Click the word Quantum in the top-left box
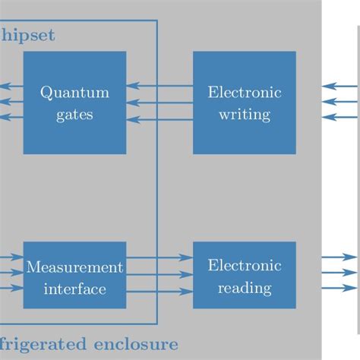coord(74,93)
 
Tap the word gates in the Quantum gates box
coord(74,115)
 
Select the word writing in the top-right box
coord(244,115)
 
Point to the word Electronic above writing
coord(244,93)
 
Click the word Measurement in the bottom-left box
coord(74,267)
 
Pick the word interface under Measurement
coord(74,289)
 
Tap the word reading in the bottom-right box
coord(244,288)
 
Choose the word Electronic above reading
coord(244,266)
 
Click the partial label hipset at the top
coord(29,35)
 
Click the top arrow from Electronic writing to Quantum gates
coord(159,87)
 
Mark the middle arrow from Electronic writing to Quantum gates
coord(159,102)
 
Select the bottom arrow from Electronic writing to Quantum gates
coord(159,117)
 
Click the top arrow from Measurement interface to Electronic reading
coord(159,258)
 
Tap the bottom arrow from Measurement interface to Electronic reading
coord(159,289)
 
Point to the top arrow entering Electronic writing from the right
coord(339,87)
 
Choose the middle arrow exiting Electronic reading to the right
coord(339,273)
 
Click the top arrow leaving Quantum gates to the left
coord(9,87)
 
